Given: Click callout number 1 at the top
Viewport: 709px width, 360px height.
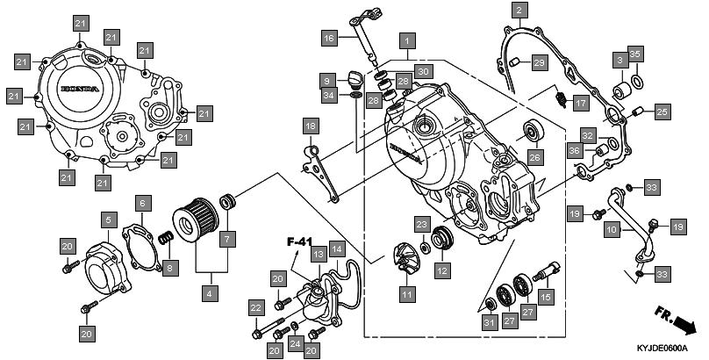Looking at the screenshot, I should click(406, 40).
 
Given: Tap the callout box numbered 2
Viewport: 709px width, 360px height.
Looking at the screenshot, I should click(519, 11).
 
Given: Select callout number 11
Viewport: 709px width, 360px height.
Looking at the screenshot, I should click(407, 295).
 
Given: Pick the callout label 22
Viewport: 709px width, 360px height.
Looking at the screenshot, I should click(255, 307).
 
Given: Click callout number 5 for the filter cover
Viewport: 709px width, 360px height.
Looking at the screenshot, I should click(109, 219).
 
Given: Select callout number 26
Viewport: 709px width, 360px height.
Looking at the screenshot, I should click(535, 158).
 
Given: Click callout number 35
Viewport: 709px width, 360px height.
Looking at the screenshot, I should click(636, 54).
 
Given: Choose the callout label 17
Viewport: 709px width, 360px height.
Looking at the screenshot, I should click(580, 103).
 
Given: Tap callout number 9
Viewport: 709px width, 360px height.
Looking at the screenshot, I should click(326, 80).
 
